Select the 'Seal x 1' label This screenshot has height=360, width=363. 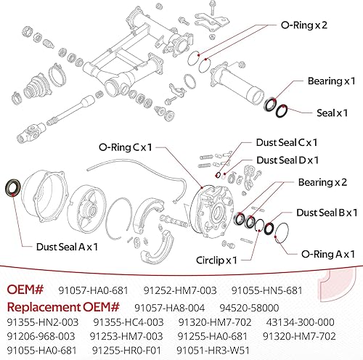pyautogui.click(x=333, y=113)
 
